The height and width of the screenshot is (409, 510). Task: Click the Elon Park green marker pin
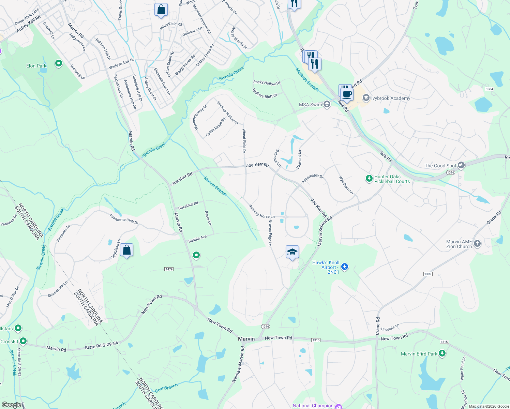coord(59,63)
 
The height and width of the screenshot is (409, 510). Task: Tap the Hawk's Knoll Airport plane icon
coord(345,266)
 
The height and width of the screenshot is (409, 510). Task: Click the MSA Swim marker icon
coord(327,104)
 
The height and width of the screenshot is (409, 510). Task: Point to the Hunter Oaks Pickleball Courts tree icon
coord(369,178)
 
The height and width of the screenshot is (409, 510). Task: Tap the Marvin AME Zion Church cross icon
coord(477,243)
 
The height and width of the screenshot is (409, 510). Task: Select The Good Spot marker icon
coord(461,165)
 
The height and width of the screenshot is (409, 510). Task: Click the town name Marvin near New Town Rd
coord(246,339)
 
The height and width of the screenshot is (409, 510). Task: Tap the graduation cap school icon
coord(292,252)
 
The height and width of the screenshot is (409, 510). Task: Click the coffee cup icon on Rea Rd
coord(347,94)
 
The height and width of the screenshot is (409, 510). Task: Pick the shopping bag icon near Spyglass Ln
coord(126,250)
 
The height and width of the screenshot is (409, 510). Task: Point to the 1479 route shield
coord(169,269)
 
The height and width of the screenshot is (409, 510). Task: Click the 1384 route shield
coord(489,89)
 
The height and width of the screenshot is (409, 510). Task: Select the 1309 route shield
coord(428,274)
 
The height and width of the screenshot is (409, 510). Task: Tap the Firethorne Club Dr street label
coord(124,219)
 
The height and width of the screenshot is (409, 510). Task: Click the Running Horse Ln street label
coord(261,212)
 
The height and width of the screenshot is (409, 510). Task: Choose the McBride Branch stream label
coord(307,80)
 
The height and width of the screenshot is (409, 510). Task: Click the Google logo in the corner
coord(11,405)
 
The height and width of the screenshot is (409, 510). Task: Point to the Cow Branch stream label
coord(166,388)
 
